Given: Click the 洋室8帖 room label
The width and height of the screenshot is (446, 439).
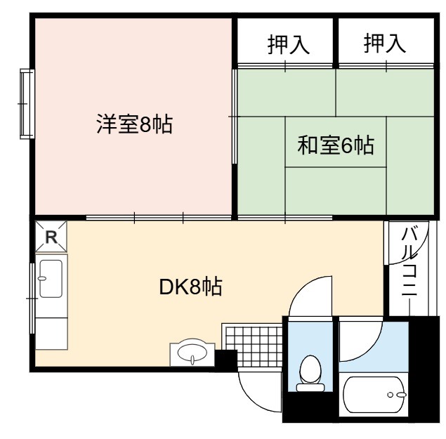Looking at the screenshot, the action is pyautogui.click(x=135, y=124).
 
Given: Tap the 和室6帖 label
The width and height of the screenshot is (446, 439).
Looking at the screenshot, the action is pyautogui.click(x=336, y=145).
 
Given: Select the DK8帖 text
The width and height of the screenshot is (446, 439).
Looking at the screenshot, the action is pyautogui.click(x=190, y=287).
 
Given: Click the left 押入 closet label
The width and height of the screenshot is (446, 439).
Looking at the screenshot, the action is pyautogui.click(x=289, y=44).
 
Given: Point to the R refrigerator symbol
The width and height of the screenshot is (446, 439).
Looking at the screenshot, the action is pyautogui.click(x=51, y=237).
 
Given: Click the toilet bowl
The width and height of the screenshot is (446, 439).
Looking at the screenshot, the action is pyautogui.click(x=310, y=369).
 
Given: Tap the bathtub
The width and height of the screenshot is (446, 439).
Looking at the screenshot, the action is pyautogui.click(x=374, y=395).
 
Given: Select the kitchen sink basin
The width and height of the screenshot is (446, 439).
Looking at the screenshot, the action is pyautogui.click(x=51, y=279).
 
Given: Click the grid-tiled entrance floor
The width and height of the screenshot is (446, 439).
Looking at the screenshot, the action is pyautogui.click(x=252, y=346).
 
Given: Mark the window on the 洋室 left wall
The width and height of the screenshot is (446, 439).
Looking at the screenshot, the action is pyautogui.click(x=27, y=104).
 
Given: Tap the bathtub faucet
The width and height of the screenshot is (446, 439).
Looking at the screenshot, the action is pyautogui.click(x=398, y=395).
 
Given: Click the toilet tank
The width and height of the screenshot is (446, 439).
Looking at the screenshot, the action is pyautogui.click(x=310, y=388).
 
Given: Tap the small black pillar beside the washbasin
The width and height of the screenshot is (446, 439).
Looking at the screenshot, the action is pyautogui.click(x=226, y=360).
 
